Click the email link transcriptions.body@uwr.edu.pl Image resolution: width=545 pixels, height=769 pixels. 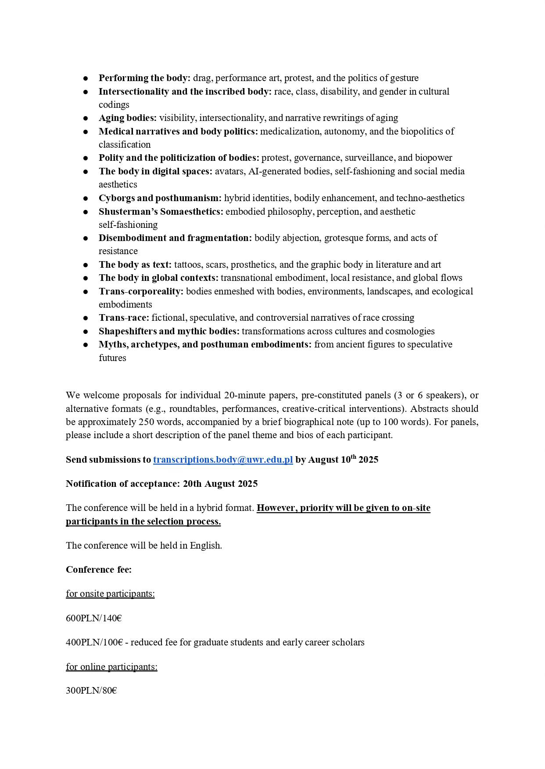point(223,460)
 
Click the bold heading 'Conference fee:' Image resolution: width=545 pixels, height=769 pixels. point(99,569)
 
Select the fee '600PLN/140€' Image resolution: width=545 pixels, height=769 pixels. point(94,618)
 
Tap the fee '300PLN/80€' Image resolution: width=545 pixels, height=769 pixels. point(91,691)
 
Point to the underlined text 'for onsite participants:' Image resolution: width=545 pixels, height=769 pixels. point(110,594)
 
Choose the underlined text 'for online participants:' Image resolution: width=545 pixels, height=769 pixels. point(111,666)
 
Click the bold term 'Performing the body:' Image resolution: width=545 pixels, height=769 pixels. point(144,78)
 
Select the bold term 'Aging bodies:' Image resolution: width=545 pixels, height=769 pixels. point(127,118)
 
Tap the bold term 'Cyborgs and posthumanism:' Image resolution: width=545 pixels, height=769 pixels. point(160,198)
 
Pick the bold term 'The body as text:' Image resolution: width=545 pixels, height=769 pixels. point(135,265)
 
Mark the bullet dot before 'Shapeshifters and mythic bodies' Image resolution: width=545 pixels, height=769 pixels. point(86,332)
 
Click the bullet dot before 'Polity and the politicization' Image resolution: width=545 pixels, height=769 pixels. point(86,158)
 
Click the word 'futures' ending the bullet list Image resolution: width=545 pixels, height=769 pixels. point(112,358)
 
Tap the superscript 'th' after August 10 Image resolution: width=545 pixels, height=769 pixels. point(353,457)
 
